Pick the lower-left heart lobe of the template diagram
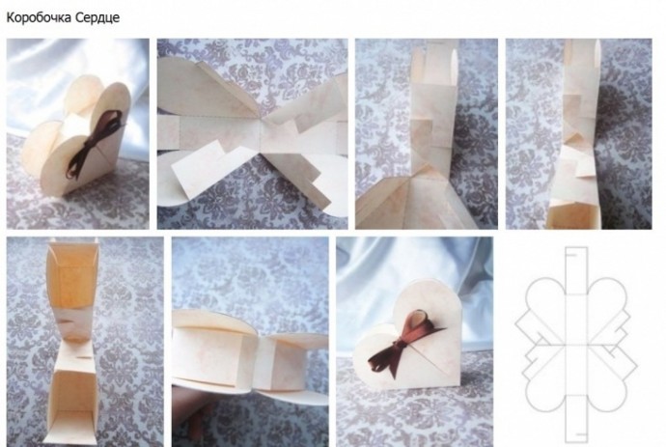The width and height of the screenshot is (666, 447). pos(544,390)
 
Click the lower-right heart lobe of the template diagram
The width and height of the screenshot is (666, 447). pos(607,390)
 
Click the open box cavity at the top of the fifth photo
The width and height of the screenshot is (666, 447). pos(73,276)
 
